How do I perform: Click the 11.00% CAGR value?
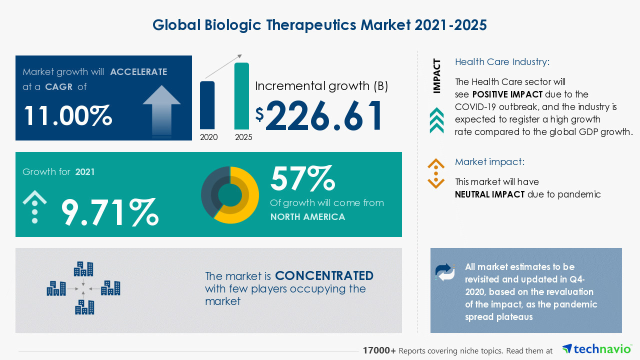pos(68,115)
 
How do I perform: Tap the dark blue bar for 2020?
pos(207,105)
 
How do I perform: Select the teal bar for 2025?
pos(241,96)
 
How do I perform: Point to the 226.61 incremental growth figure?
pos(323,115)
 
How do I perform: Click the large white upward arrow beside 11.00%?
pos(161,111)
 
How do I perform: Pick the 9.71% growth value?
pos(110,212)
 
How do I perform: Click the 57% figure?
pos(302,178)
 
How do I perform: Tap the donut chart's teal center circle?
pos(230,195)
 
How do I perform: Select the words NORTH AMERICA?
pos(307,217)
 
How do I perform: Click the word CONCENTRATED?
pos(324,275)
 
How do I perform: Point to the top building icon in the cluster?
pos(83,269)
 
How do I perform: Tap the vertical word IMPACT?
pos(436,76)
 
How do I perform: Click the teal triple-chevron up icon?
pos(436,120)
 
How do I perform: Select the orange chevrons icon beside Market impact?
pos(436,173)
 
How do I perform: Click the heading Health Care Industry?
pos(502,61)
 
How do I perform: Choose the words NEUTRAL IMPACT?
pos(489,194)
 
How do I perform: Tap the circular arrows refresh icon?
pos(445,272)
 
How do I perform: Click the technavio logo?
pos(597,349)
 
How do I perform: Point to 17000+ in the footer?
pos(379,350)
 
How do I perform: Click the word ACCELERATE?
pos(139,71)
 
